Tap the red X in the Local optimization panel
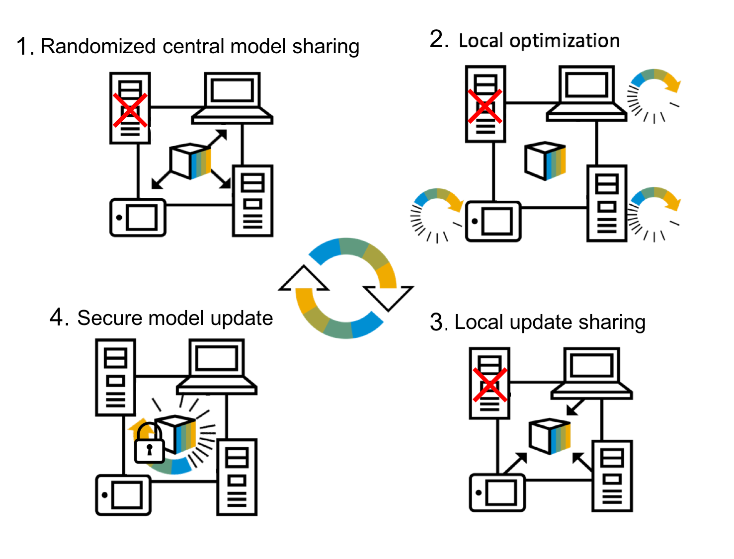tap(485, 106)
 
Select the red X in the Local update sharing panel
tap(489, 385)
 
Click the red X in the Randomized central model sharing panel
tap(130, 110)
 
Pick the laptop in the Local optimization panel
tap(586, 94)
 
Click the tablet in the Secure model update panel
tap(123, 495)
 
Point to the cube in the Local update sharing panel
tap(550, 436)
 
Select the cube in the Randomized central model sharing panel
tap(190, 161)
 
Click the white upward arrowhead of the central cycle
tap(304, 279)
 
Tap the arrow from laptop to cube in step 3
tap(576, 407)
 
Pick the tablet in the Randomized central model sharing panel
tap(138, 218)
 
